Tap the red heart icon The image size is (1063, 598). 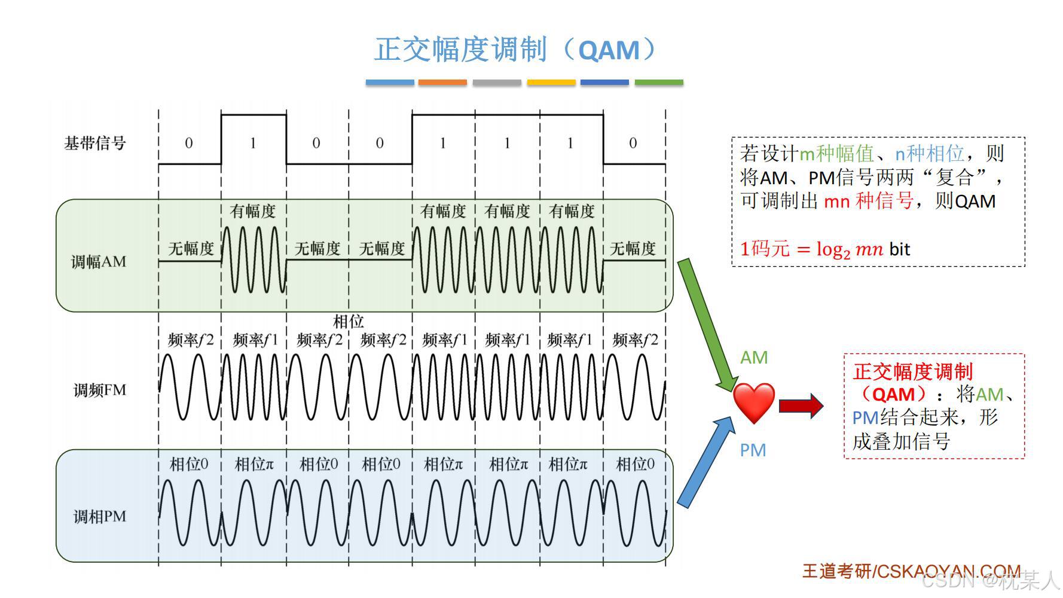(753, 403)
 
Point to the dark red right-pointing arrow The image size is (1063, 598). (801, 406)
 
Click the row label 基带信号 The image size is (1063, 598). (95, 144)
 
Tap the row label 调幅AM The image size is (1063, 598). (99, 262)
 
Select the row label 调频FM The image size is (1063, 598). (100, 390)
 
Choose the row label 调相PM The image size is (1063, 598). (100, 517)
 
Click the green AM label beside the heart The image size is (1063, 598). (753, 358)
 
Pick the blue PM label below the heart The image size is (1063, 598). (753, 450)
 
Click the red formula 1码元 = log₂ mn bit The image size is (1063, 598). (824, 249)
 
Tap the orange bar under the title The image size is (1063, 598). (442, 83)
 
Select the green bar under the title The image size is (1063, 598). (659, 83)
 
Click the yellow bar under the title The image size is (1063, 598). (551, 83)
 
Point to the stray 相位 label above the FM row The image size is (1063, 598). (348, 322)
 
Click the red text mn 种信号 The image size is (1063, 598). (869, 202)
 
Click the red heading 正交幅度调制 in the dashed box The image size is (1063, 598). (913, 372)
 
